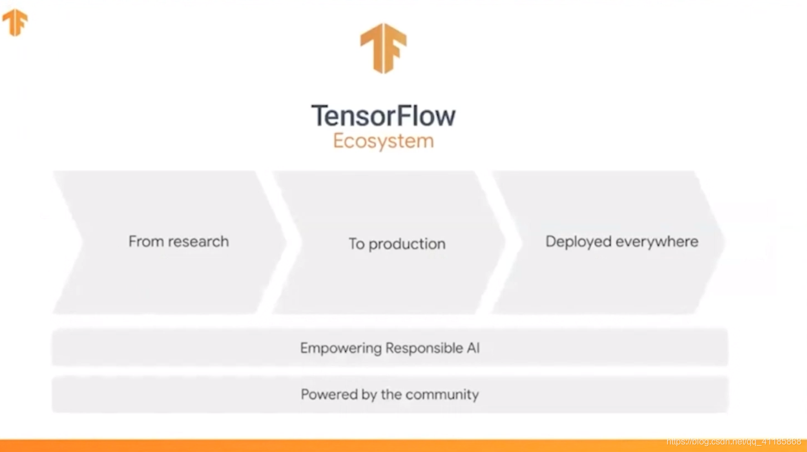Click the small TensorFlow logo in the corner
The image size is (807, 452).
tap(15, 22)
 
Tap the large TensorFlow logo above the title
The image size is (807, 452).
tap(383, 48)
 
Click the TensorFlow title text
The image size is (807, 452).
tap(383, 116)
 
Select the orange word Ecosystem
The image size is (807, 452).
tap(383, 141)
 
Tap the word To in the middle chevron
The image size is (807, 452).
tap(356, 243)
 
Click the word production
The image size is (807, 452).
tap(407, 244)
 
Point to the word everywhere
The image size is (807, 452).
tap(657, 242)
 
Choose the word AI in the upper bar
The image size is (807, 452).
tap(473, 348)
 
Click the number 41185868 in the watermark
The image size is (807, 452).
tap(781, 441)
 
